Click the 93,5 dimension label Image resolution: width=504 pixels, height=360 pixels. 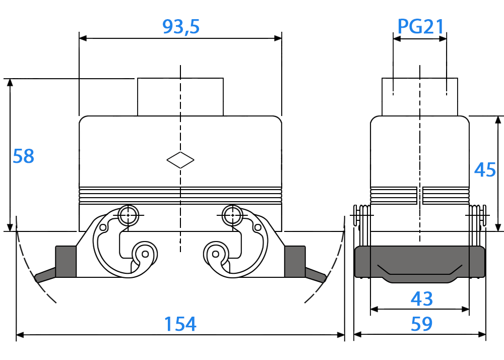(181, 26)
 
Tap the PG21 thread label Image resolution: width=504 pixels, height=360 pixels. (421, 26)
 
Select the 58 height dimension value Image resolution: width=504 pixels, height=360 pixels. (23, 156)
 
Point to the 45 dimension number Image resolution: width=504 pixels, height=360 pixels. (485, 170)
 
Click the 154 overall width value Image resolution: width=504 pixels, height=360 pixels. (180, 324)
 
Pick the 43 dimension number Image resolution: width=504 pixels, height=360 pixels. (422, 299)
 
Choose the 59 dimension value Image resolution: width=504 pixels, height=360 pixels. (422, 324)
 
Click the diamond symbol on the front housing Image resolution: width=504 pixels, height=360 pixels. (180, 160)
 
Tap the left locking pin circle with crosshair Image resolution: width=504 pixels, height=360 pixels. (128, 215)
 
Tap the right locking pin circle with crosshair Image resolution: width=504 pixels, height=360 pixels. (232, 215)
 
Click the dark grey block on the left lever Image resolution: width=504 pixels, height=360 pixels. (66, 262)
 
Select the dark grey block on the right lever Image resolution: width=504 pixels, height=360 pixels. (295, 262)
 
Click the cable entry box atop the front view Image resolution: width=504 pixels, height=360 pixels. (180, 97)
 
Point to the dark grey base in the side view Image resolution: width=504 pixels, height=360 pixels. (419, 262)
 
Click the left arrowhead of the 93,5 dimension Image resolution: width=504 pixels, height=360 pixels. (83, 38)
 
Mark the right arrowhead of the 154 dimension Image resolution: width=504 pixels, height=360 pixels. (341, 335)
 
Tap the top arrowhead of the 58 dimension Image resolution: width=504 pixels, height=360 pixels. (10, 83)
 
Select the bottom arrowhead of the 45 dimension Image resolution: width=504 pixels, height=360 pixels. (498, 227)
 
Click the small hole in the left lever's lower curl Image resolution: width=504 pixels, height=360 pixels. (145, 254)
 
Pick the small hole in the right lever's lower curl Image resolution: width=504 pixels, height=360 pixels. (216, 254)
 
